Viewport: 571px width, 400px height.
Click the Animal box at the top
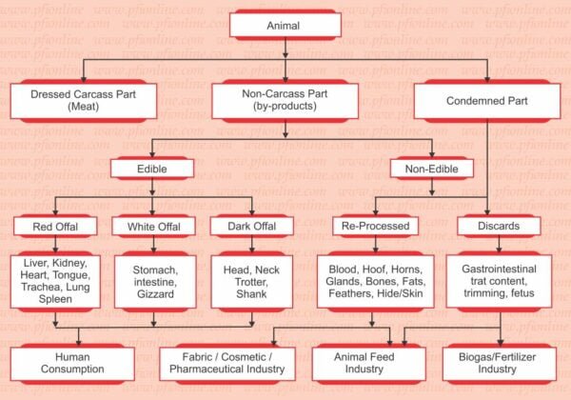tap(285, 25)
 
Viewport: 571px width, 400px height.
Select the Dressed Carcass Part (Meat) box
tap(84, 101)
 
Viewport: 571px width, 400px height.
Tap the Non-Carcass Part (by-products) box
tap(285, 101)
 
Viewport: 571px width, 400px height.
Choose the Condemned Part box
tap(487, 101)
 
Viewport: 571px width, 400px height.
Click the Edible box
tap(152, 169)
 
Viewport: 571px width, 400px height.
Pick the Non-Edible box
tap(431, 169)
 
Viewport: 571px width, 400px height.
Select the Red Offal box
tap(55, 227)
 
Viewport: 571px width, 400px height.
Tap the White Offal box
tap(153, 227)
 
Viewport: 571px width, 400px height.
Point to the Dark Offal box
tap(252, 227)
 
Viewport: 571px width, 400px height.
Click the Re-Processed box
tap(376, 226)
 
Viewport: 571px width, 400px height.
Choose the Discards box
tap(499, 226)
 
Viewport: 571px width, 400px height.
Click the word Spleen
tap(55, 299)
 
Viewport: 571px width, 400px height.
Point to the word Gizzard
tap(155, 293)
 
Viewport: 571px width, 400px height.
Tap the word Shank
tap(251, 293)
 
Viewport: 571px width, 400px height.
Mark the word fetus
tap(522, 293)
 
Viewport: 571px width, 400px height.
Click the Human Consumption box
tap(72, 364)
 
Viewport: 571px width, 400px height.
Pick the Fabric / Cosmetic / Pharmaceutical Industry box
tap(227, 364)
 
